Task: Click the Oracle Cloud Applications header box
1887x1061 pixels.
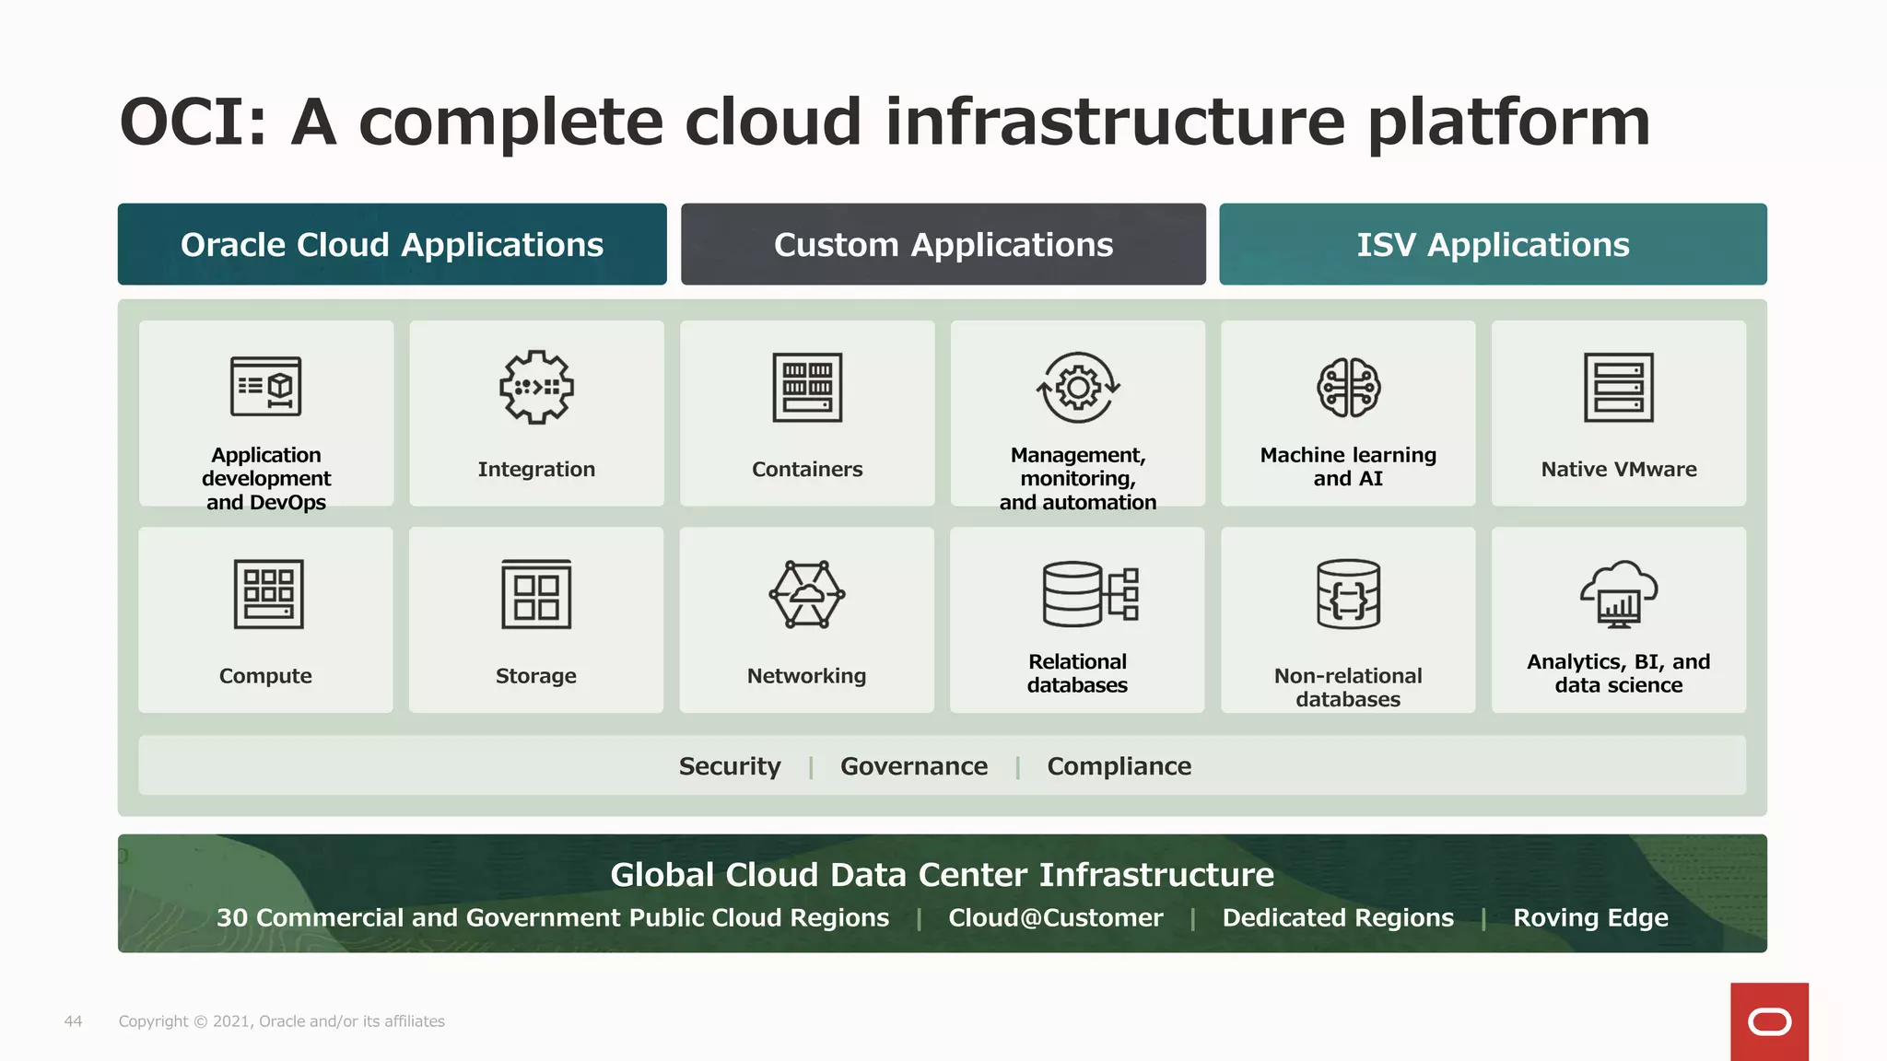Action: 392,244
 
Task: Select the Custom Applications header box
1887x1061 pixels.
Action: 943,244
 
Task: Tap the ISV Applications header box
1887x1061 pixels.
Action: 1493,244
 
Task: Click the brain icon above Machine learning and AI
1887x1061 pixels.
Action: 1348,388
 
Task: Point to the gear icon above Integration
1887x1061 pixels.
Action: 536,388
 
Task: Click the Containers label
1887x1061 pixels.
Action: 807,470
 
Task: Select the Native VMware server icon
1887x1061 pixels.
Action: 1619,388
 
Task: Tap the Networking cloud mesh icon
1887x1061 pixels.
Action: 807,594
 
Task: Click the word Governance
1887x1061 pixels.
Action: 914,766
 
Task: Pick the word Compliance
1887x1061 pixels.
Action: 1119,766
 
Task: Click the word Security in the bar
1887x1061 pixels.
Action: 730,766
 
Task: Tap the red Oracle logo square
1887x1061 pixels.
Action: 1769,1021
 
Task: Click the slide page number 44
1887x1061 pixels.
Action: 73,1021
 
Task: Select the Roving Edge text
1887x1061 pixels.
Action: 1590,918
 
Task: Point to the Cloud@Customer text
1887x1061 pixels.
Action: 1056,918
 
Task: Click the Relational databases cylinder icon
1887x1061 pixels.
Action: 1090,594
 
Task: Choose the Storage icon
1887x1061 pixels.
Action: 536,594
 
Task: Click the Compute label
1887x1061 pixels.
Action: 265,676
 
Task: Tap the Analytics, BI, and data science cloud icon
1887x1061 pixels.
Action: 1619,594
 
